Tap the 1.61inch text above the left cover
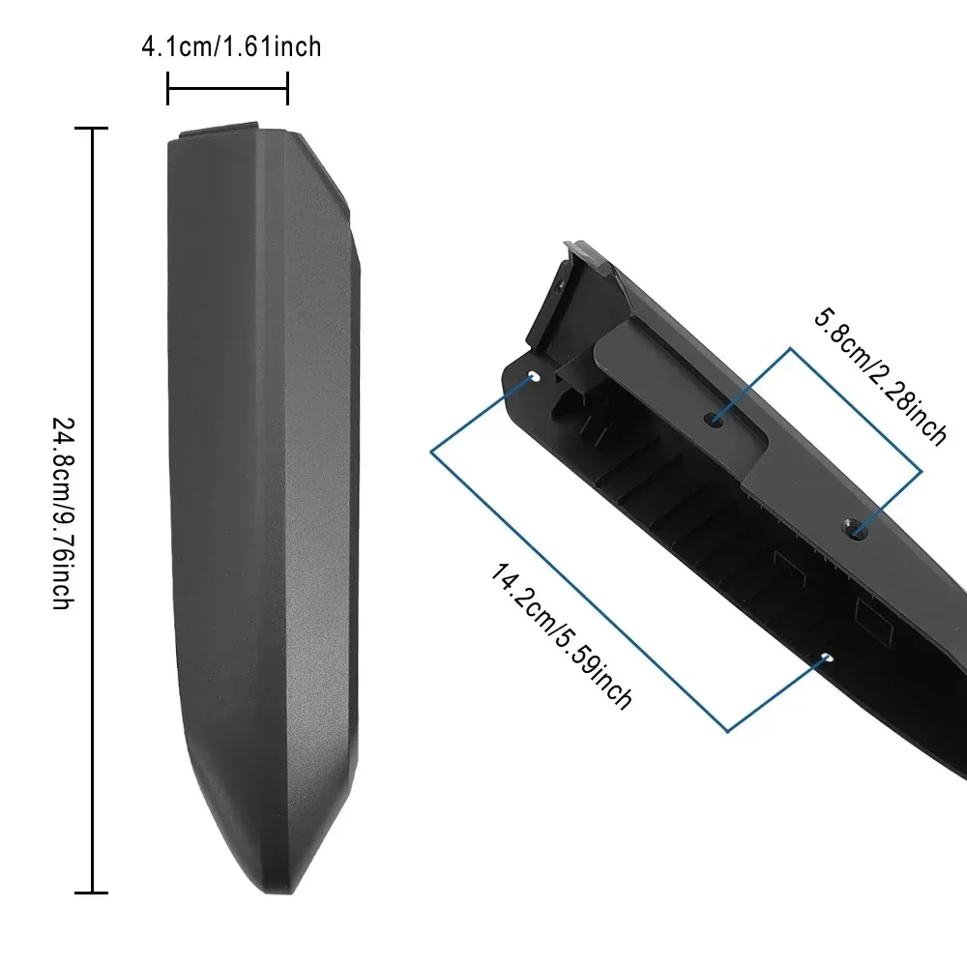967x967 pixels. click(x=273, y=46)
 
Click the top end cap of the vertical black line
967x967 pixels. click(x=92, y=129)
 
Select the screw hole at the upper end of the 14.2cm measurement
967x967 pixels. click(x=535, y=375)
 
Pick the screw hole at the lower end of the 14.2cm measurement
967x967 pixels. click(x=825, y=659)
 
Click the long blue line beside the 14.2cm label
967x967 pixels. click(x=580, y=590)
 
